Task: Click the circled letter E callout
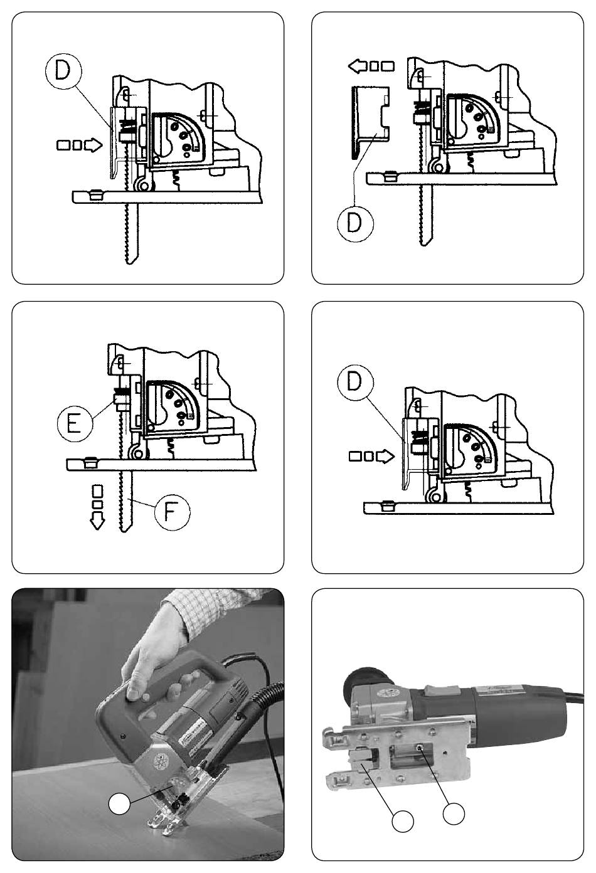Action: tap(75, 423)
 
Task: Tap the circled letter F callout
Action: tap(173, 512)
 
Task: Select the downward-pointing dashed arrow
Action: tap(97, 507)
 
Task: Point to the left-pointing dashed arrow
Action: tap(371, 66)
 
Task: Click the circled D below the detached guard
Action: tap(355, 224)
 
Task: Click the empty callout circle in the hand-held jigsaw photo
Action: tap(119, 803)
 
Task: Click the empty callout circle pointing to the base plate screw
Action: tap(454, 813)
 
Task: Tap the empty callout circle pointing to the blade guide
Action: tap(403, 821)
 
